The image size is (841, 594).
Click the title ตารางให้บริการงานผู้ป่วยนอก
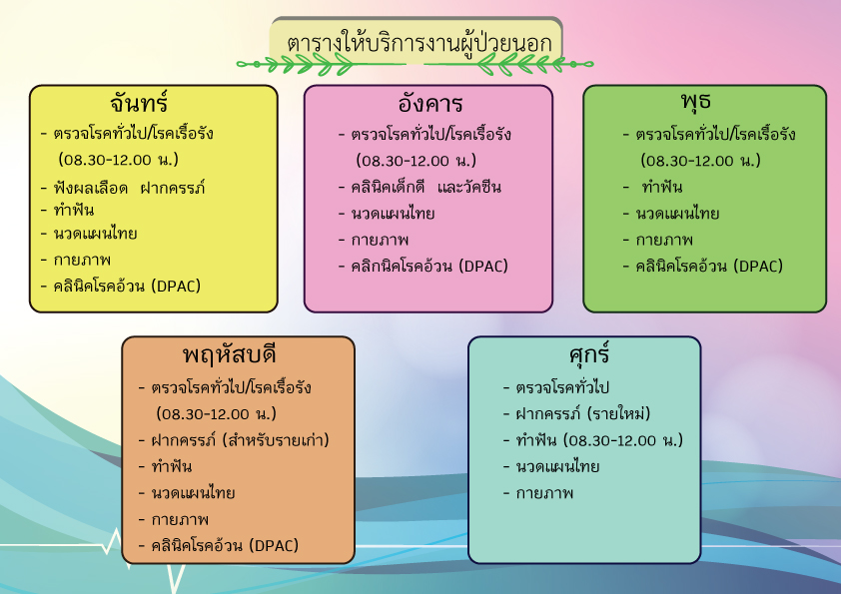click(419, 43)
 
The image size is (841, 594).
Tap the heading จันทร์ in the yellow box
click(139, 101)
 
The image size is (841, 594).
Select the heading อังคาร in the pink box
click(430, 102)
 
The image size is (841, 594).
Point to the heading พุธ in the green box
click(695, 100)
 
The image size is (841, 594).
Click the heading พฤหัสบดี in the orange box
click(229, 354)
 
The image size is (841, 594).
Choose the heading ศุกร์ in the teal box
click(589, 353)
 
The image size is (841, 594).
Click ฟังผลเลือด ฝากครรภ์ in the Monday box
click(129, 188)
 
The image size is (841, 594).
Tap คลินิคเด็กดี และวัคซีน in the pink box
click(425, 187)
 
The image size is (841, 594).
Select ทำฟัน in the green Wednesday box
click(662, 187)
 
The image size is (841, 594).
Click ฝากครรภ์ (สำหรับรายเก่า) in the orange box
click(240, 439)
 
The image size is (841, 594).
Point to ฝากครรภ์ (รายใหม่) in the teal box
click(583, 413)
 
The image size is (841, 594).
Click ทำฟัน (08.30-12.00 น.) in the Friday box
click(599, 439)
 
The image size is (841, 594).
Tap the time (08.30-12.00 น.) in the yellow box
click(119, 159)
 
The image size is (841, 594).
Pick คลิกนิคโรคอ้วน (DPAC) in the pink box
click(429, 266)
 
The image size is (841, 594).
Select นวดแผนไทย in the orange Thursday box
click(193, 492)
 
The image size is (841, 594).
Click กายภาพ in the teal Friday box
click(544, 493)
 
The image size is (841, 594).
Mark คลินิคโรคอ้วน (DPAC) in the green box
click(709, 266)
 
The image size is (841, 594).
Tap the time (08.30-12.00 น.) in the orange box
click(216, 413)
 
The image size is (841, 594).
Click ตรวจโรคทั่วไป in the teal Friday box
click(562, 386)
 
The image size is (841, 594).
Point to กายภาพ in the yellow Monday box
click(82, 260)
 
